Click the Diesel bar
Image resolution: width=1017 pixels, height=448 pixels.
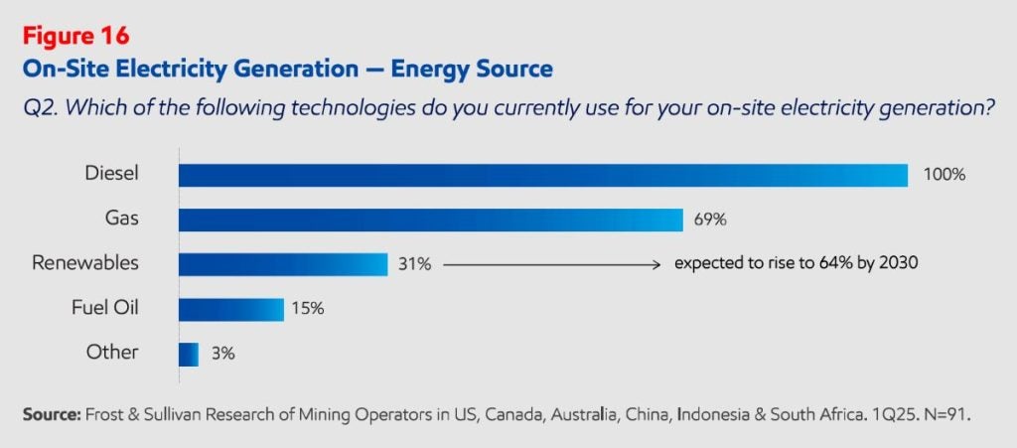pos(542,175)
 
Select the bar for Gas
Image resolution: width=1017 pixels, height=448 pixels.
pos(430,220)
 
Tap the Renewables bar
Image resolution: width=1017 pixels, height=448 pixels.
pos(282,264)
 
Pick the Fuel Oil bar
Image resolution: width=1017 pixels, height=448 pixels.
pos(230,308)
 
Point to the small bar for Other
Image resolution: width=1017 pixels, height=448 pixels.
pos(189,353)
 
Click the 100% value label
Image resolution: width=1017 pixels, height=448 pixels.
pos(944,175)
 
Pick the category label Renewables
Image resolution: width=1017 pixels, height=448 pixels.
pos(85,264)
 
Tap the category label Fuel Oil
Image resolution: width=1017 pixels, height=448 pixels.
pos(104,308)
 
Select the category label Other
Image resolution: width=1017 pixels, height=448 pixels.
pos(112,353)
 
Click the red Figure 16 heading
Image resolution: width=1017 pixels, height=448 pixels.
pos(75,36)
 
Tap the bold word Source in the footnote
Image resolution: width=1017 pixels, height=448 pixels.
pos(50,411)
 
